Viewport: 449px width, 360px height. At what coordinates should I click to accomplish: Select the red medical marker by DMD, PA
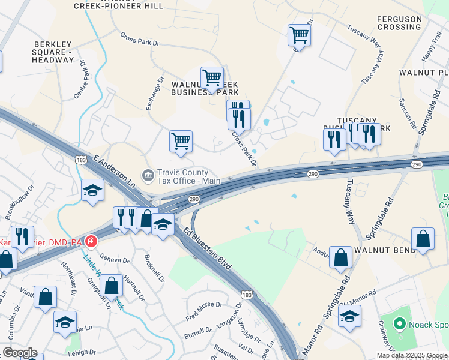point(91,242)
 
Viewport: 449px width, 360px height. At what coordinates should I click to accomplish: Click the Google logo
point(20,353)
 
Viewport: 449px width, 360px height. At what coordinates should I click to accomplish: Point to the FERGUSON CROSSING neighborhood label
point(399,23)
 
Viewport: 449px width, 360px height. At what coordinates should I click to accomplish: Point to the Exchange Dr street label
point(155,93)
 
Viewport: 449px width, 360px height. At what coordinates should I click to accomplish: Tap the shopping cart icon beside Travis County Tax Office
point(181,142)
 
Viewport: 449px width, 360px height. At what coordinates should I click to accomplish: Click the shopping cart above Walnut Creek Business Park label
point(212,77)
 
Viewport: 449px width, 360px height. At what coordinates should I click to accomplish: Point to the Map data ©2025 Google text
point(412,355)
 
